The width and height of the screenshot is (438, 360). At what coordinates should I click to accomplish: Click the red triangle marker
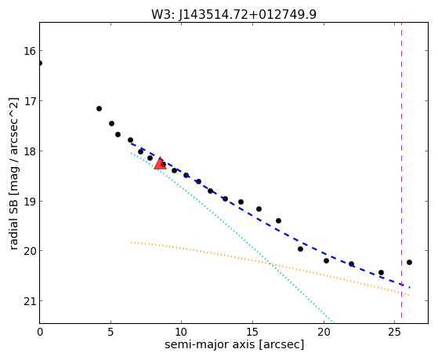[160, 164]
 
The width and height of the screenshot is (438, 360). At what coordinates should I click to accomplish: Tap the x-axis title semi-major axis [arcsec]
[234, 344]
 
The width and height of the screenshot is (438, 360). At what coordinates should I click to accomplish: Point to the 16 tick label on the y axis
[30, 51]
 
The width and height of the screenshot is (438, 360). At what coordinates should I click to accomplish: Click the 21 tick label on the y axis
[30, 301]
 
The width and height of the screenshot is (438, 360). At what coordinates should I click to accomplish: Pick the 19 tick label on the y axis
[30, 202]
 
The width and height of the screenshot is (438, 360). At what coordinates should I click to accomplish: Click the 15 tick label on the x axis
[252, 333]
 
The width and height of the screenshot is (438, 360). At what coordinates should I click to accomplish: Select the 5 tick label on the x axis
[111, 333]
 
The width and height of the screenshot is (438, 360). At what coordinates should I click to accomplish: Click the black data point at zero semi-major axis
[40, 63]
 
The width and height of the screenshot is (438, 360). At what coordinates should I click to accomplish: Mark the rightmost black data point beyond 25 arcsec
[409, 263]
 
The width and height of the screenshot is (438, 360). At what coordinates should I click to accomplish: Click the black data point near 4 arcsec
[99, 108]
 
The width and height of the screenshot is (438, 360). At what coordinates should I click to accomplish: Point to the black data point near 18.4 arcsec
[300, 249]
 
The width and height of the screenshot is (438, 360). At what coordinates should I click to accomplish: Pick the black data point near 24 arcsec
[381, 272]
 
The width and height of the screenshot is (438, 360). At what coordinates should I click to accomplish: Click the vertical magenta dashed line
[401, 171]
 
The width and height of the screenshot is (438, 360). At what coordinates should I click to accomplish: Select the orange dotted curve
[270, 263]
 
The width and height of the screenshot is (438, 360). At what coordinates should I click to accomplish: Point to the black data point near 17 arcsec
[278, 220]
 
